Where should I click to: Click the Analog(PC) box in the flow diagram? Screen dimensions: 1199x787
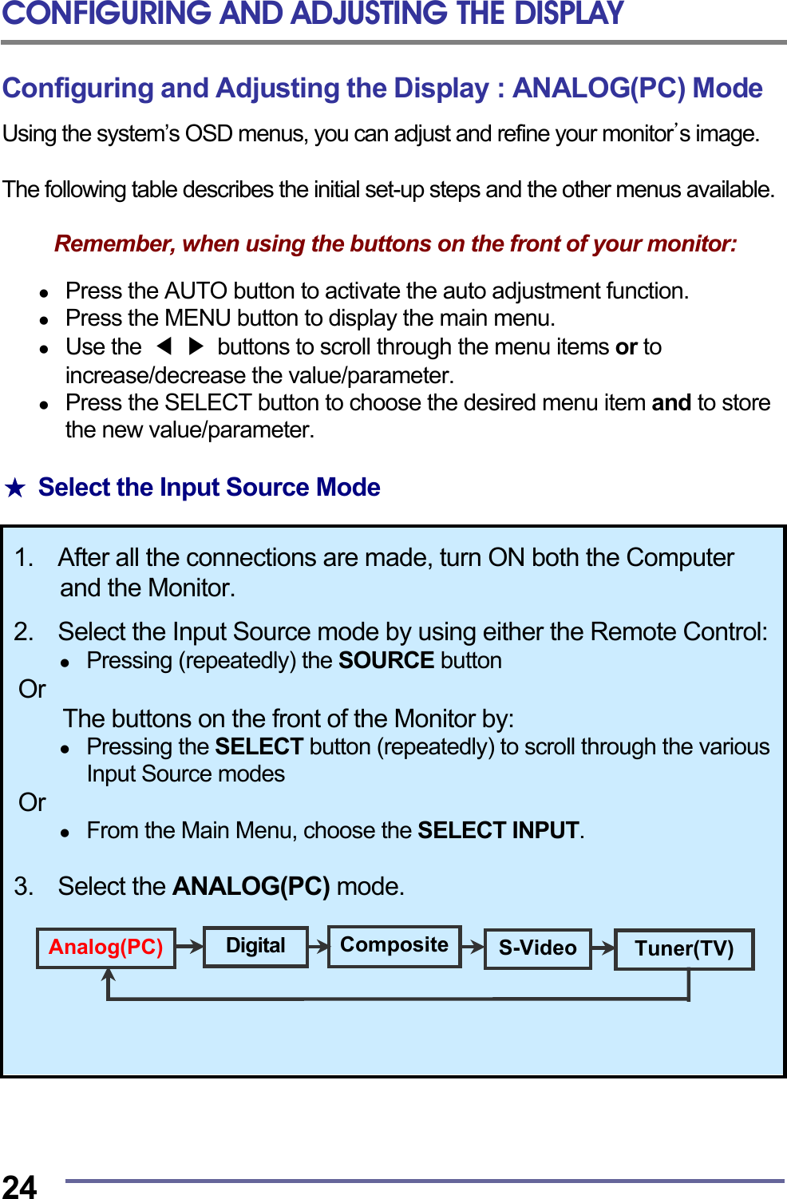pyautogui.click(x=106, y=948)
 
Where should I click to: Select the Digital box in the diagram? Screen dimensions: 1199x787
pyautogui.click(x=255, y=947)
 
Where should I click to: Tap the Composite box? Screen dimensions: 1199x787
pyautogui.click(x=394, y=946)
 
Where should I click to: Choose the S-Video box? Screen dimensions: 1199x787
pyautogui.click(x=537, y=948)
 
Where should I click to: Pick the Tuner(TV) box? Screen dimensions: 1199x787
pyautogui.click(x=684, y=949)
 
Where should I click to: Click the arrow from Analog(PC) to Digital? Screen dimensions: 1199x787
pyautogui.click(x=189, y=947)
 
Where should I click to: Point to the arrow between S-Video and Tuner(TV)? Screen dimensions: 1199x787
pyautogui.click(x=603, y=948)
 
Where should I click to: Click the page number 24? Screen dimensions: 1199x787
pyautogui.click(x=19, y=1186)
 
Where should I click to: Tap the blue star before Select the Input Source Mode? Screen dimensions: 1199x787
pyautogui.click(x=15, y=488)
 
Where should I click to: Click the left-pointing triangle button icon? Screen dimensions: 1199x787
pyautogui.click(x=164, y=346)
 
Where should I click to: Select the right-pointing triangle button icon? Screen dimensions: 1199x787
pyautogui.click(x=196, y=346)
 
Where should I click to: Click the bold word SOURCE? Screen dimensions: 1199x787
pyautogui.click(x=386, y=661)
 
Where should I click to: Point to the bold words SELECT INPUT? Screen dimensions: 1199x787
pyautogui.click(x=498, y=831)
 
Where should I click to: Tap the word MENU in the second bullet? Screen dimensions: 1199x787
pyautogui.click(x=198, y=319)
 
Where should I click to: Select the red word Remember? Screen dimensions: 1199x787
pyautogui.click(x=114, y=244)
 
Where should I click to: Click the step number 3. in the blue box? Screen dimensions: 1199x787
pyautogui.click(x=24, y=887)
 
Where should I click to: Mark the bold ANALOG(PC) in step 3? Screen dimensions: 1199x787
pyautogui.click(x=251, y=887)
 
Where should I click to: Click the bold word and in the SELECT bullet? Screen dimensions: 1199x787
pyautogui.click(x=671, y=403)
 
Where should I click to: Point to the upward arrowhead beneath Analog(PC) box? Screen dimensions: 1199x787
pyautogui.click(x=109, y=975)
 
